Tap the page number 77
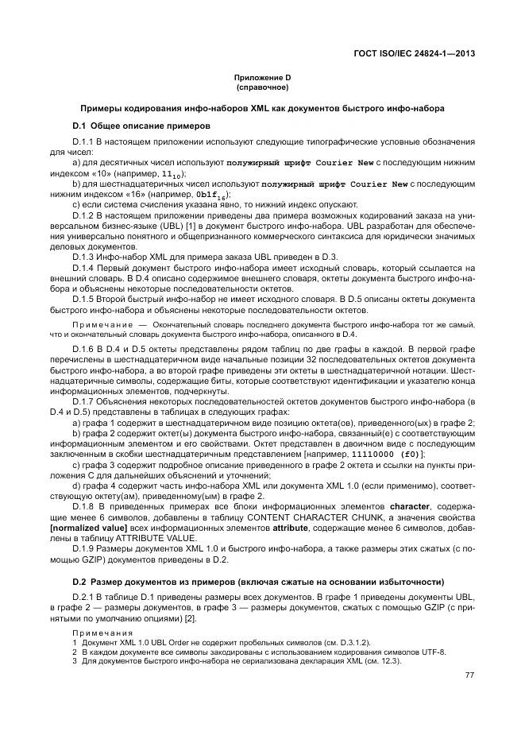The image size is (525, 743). click(x=469, y=675)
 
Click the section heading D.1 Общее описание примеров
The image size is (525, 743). click(x=141, y=126)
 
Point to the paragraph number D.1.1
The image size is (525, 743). click(x=85, y=141)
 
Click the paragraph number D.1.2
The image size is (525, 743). click(x=85, y=215)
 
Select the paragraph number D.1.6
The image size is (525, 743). click(x=85, y=350)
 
